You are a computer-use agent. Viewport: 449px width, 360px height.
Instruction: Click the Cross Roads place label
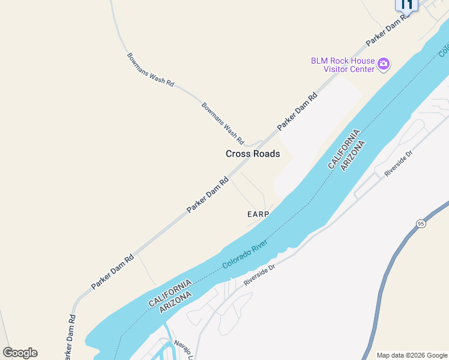(x=253, y=154)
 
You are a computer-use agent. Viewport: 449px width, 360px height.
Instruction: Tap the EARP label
(x=258, y=214)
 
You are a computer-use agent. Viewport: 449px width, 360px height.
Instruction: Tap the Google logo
(x=20, y=353)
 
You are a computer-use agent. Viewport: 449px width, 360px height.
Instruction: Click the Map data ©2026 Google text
(x=412, y=355)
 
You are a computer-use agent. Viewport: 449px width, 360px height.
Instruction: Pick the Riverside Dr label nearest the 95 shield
(x=399, y=163)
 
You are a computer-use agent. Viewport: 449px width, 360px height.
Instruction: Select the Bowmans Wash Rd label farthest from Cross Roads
(x=150, y=70)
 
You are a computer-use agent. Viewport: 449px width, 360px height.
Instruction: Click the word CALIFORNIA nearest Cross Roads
(x=344, y=149)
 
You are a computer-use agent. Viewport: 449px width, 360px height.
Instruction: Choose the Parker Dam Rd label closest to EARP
(x=208, y=194)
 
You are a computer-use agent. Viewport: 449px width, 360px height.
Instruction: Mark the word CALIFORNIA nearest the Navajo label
(x=170, y=295)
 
